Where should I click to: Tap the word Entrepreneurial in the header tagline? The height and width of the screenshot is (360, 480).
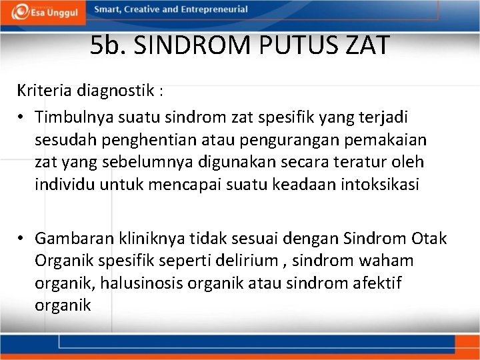coord(215,10)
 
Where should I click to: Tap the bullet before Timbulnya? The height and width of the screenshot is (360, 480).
coord(22,117)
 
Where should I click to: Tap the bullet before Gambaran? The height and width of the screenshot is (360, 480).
coord(22,238)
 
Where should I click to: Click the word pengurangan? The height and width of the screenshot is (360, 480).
coord(265,140)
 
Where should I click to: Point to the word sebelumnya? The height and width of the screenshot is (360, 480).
coord(149,162)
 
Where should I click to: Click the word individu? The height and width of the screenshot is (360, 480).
coord(65,184)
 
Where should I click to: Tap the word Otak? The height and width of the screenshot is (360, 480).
coord(430,238)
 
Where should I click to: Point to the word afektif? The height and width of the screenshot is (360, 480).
coord(378,283)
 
